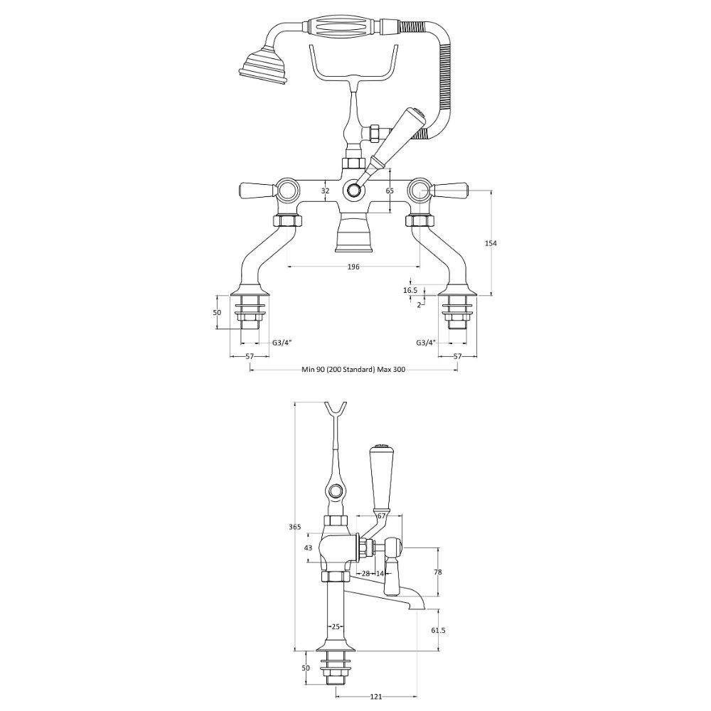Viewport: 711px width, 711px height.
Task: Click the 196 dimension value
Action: (353, 267)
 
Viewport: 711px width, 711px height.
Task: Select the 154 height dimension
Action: (491, 243)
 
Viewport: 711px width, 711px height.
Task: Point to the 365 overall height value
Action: (295, 527)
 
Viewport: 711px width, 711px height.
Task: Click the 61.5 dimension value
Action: (439, 630)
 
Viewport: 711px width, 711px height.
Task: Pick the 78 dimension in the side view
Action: (437, 572)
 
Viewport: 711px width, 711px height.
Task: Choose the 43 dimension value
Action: (309, 547)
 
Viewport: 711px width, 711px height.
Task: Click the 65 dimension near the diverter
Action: (390, 191)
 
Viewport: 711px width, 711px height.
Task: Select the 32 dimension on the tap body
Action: (325, 191)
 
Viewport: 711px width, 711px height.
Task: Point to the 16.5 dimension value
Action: (410, 290)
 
